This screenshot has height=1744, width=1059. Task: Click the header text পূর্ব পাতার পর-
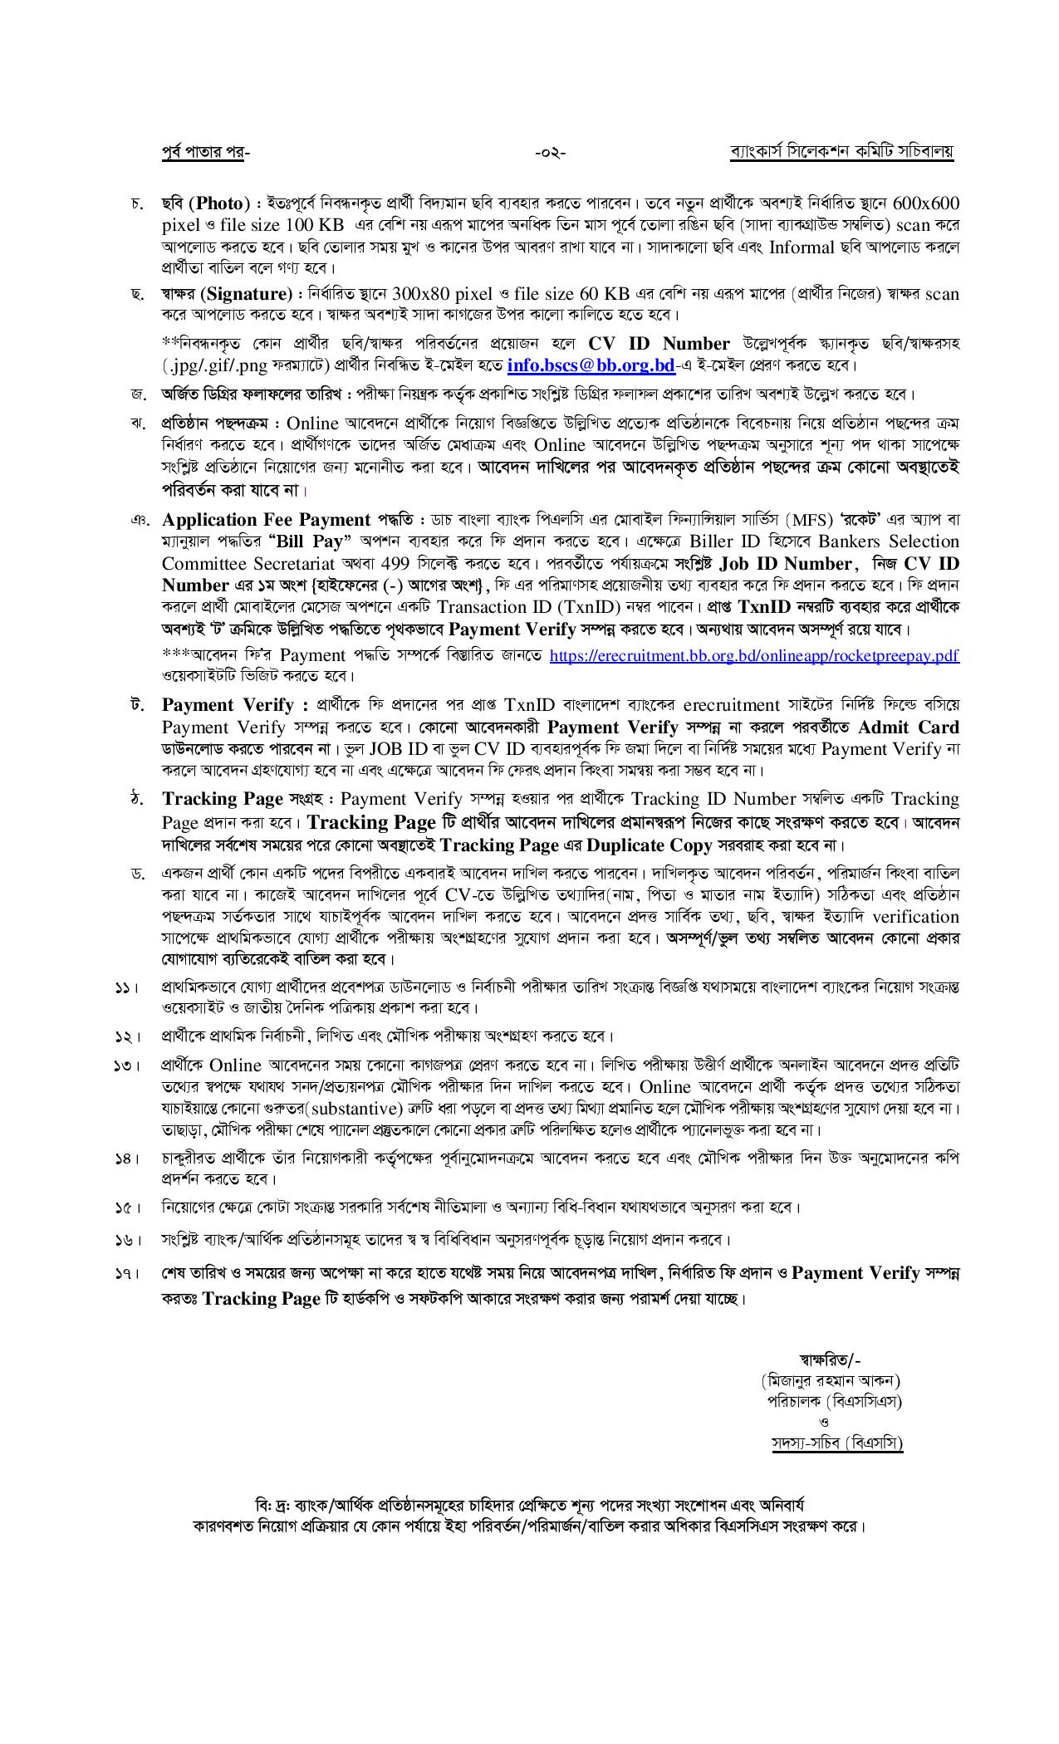coord(204,153)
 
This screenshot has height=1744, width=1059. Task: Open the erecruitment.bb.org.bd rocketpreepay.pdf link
coord(754,656)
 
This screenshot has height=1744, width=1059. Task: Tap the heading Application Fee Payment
coord(267,520)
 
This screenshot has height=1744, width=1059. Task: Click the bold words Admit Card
coord(908,727)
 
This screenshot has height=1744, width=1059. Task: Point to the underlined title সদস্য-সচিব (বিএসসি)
coord(836,1443)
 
